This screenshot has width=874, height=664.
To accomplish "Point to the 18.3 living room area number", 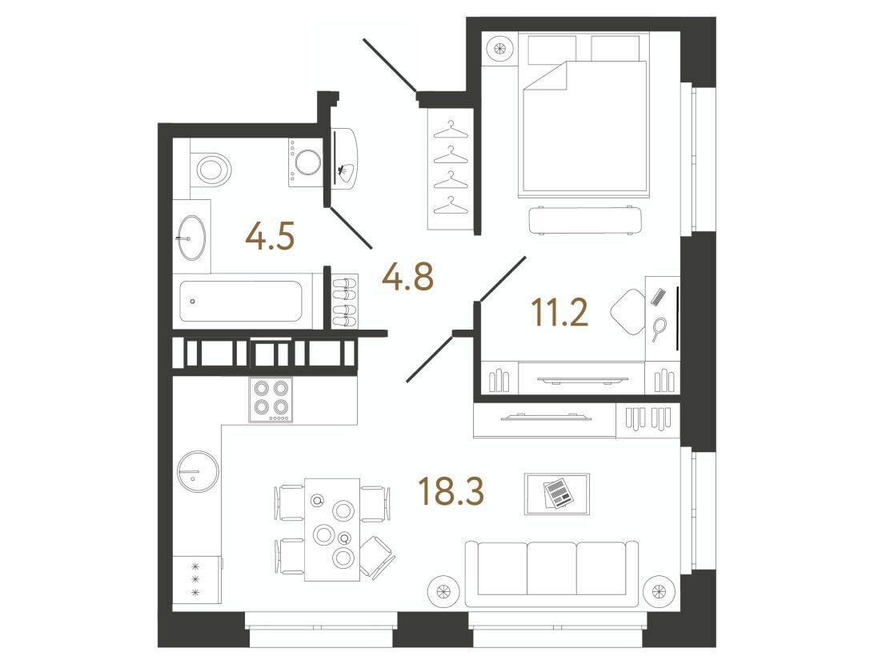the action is pos(451,491).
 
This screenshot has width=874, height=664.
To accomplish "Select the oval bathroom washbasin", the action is pos(191,238).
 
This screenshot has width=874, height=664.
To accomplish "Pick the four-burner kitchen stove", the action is pos(271,399).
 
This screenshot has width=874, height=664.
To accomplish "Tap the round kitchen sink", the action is pos(198,470).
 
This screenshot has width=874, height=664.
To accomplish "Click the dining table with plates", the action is pos(332,530).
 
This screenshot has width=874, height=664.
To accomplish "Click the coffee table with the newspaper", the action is pos(557,494).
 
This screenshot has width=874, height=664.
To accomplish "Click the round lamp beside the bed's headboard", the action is pos(500,48).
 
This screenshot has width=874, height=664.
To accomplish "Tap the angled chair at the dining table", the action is pos(376,557).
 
